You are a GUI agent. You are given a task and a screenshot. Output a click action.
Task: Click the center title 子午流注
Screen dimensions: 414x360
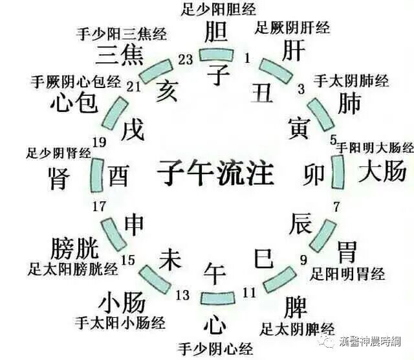215,174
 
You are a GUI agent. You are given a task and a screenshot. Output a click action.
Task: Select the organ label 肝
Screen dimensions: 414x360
293,50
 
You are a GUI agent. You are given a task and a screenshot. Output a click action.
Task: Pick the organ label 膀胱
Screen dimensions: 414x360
73,247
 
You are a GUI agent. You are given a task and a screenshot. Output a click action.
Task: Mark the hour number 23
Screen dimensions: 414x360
186,60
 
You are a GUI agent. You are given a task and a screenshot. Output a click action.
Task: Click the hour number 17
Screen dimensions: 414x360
99,207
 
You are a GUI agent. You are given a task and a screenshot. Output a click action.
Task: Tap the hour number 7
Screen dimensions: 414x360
336,207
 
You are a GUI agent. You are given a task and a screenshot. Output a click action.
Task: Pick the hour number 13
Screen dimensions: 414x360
182,295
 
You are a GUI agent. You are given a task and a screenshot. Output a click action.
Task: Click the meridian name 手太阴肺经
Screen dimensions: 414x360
351,81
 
